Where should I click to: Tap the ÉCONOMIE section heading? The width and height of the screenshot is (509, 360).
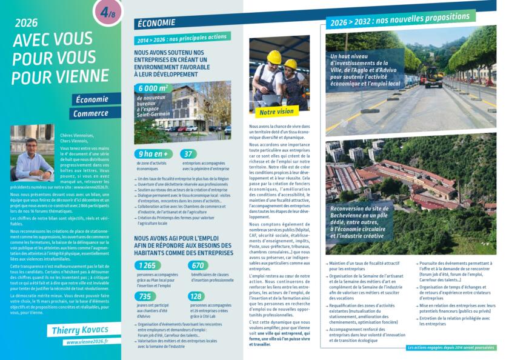click(x=156, y=23)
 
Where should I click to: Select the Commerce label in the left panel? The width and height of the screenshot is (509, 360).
click(x=91, y=113)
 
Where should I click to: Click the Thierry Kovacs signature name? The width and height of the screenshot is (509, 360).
click(x=78, y=330)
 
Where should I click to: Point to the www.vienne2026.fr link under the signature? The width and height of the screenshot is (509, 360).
click(x=87, y=342)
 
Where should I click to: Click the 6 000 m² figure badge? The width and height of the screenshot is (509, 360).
click(x=154, y=88)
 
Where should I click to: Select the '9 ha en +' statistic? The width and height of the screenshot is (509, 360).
click(x=152, y=154)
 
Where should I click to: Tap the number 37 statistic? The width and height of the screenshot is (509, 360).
click(x=188, y=154)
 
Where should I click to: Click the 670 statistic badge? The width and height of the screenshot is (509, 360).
click(x=198, y=265)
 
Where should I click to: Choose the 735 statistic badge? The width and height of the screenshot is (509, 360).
click(x=147, y=296)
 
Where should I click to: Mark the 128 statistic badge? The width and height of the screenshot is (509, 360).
click(x=196, y=296)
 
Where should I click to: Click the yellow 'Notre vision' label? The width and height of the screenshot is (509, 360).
click(x=276, y=112)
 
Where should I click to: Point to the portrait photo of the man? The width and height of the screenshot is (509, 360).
click(x=32, y=153)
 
